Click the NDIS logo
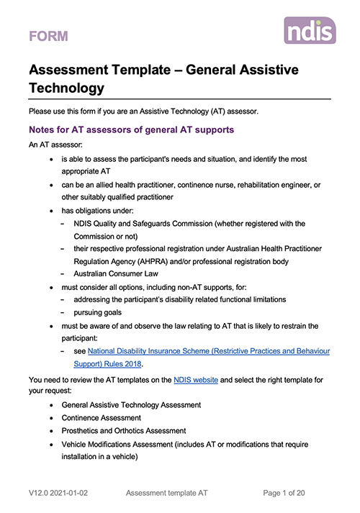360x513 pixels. (x=309, y=31)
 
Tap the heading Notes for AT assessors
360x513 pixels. (x=130, y=130)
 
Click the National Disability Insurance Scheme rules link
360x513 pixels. (x=208, y=350)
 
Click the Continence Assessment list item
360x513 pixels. (x=101, y=417)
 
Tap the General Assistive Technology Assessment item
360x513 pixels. (x=131, y=404)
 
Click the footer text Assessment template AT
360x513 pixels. (x=168, y=493)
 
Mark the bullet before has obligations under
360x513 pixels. (x=51, y=211)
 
